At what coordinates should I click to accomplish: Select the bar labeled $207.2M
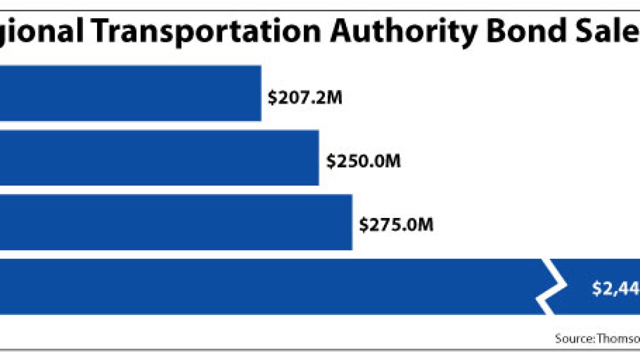pyautogui.click(x=130, y=93)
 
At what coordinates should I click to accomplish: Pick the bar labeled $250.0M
pyautogui.click(x=159, y=157)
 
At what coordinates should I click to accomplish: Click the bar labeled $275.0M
pyautogui.click(x=175, y=222)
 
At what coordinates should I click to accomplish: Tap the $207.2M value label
pyautogui.click(x=304, y=98)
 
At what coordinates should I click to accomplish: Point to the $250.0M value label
pyautogui.click(x=363, y=161)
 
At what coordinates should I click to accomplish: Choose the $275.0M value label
pyautogui.click(x=396, y=225)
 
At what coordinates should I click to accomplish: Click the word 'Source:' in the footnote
pyautogui.click(x=574, y=338)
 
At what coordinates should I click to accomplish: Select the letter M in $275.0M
pyautogui.click(x=426, y=225)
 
